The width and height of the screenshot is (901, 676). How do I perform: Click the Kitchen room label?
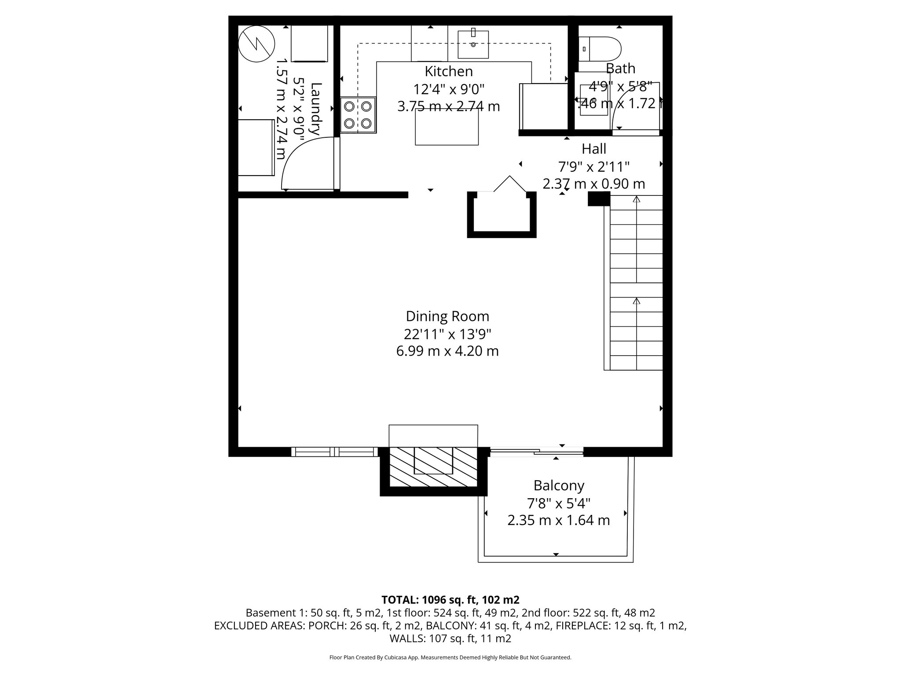click(448, 71)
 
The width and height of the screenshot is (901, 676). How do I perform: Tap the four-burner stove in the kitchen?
click(358, 115)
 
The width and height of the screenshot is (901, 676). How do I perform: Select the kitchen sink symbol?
click(473, 44)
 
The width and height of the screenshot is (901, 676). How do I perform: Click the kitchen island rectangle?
click(447, 127)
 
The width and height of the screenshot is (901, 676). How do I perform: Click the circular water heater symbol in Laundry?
click(256, 44)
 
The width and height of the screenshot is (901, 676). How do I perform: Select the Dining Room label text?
click(447, 316)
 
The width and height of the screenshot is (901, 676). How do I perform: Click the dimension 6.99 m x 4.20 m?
click(447, 351)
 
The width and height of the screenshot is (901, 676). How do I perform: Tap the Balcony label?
click(559, 485)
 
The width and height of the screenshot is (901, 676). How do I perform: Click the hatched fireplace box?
click(433, 467)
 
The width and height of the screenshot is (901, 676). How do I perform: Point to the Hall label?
click(593, 149)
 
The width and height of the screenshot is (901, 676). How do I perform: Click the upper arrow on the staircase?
click(636, 199)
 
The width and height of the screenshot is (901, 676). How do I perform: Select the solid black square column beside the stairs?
click(599, 198)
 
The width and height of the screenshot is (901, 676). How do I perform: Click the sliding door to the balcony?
click(537, 451)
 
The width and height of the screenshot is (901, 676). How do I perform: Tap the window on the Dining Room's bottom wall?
click(335, 452)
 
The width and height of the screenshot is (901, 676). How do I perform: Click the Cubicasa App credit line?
click(450, 658)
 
